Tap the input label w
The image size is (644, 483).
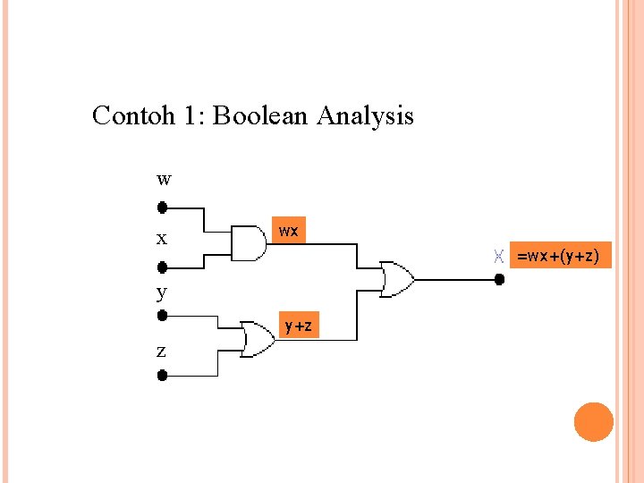click(x=163, y=179)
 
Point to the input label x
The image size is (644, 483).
click(x=161, y=239)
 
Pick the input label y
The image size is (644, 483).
click(x=161, y=292)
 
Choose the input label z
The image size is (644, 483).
click(x=161, y=352)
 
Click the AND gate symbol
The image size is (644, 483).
click(x=248, y=241)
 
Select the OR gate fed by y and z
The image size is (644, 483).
click(x=258, y=339)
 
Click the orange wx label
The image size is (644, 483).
click(x=288, y=231)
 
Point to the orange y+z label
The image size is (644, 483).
click(x=299, y=326)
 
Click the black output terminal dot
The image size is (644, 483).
click(x=500, y=279)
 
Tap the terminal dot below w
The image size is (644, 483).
click(x=163, y=208)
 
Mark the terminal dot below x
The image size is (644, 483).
click(x=163, y=267)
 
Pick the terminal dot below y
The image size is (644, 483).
click(x=163, y=316)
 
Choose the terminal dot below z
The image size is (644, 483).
click(x=163, y=376)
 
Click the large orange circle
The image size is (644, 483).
click(x=594, y=421)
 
